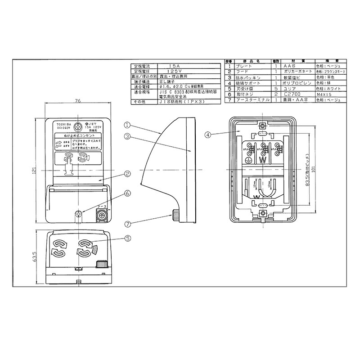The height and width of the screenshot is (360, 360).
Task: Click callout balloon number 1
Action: pyautogui.click(x=127, y=125)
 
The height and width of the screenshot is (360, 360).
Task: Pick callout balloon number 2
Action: pyautogui.click(x=127, y=173)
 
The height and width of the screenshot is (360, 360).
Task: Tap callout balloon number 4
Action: pyautogui.click(x=207, y=135)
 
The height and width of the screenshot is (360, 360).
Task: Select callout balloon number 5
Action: pyautogui.click(x=127, y=238)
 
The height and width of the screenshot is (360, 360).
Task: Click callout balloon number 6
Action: pyautogui.click(x=127, y=193)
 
